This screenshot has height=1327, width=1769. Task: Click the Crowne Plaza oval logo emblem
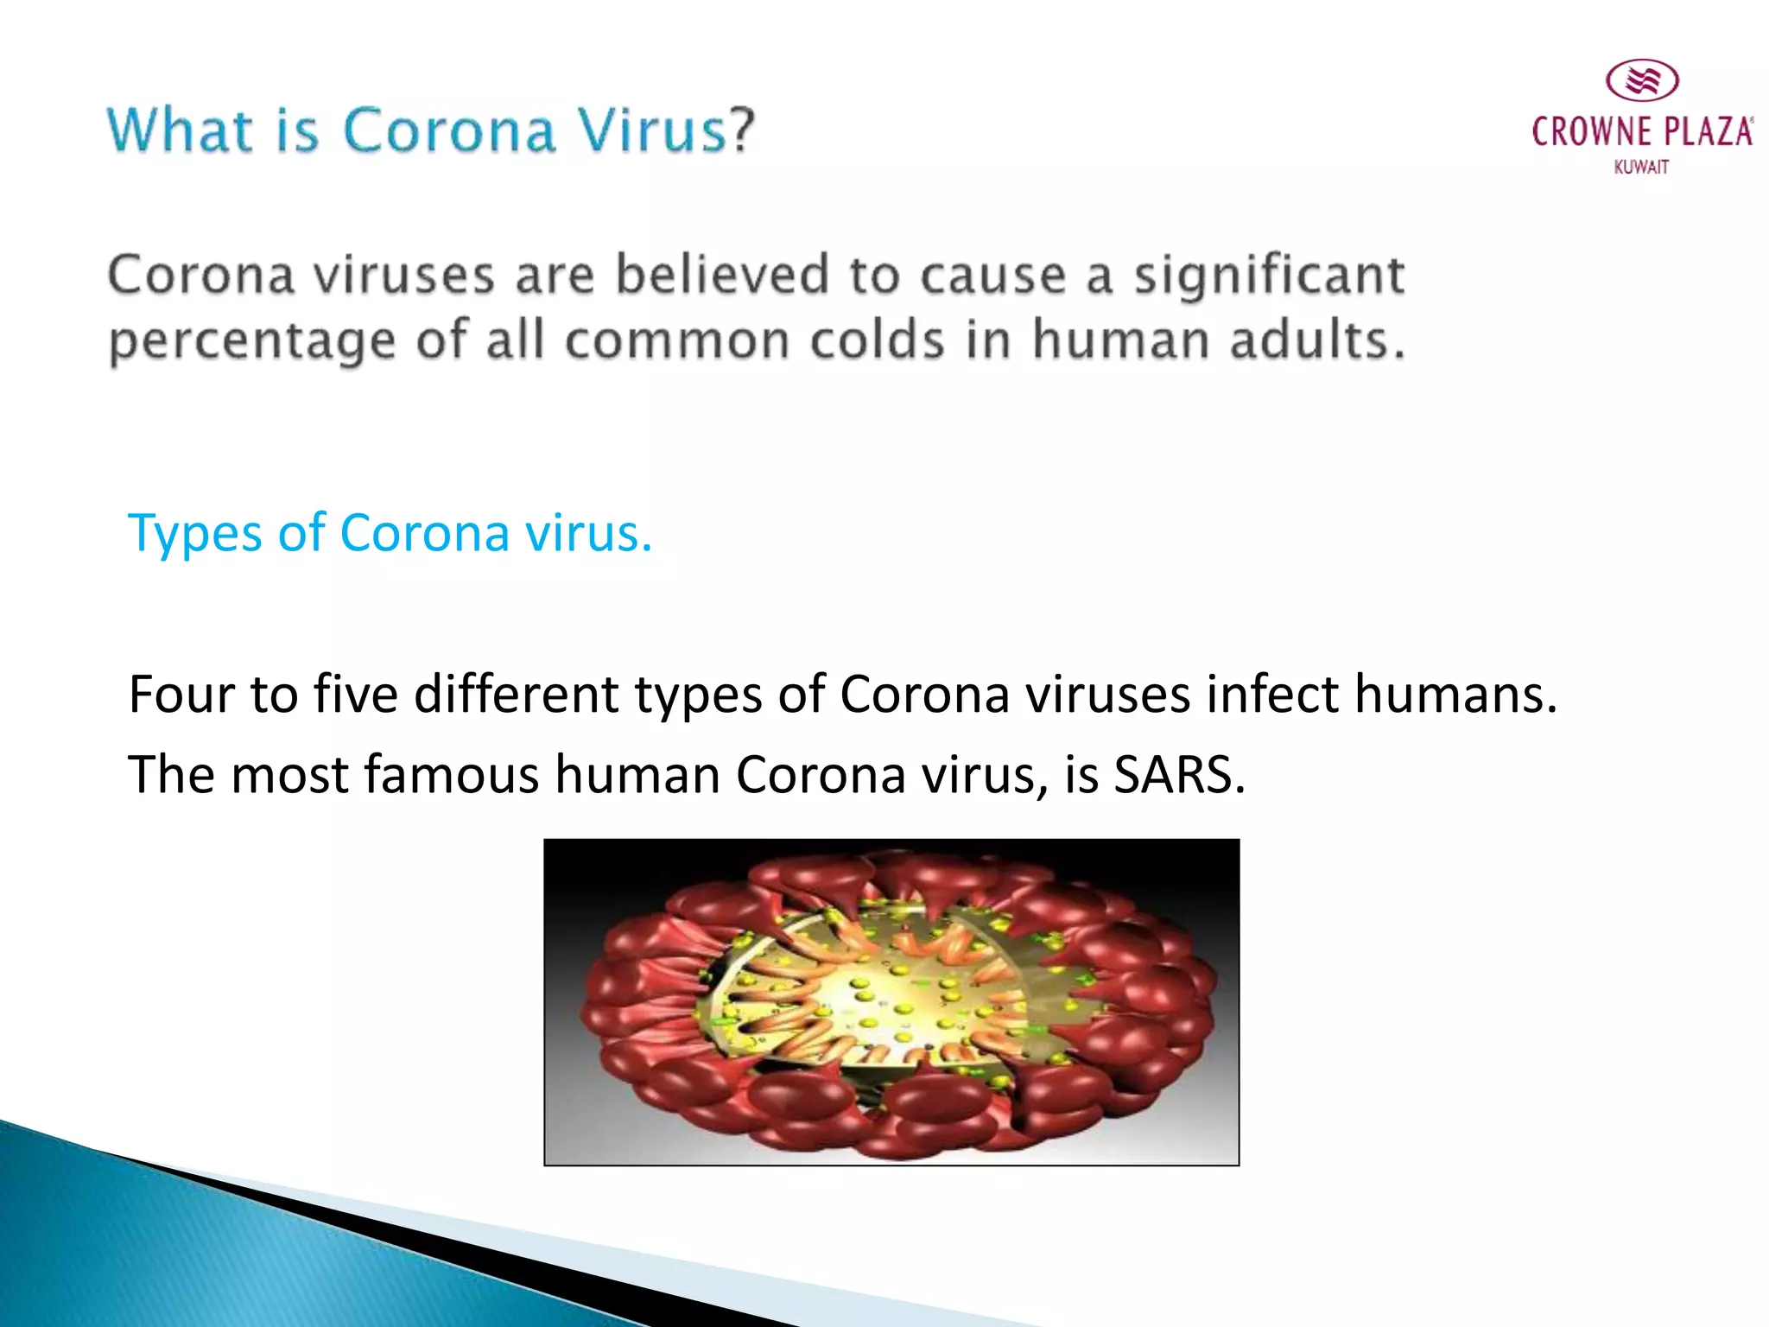(1642, 81)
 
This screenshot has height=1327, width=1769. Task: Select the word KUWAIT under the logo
(1641, 167)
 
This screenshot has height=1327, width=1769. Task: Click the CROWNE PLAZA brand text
(1642, 132)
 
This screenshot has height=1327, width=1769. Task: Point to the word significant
(1269, 276)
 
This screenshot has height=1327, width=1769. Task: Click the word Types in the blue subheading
(195, 533)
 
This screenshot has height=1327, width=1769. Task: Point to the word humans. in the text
(1455, 694)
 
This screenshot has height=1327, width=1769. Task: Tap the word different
(516, 694)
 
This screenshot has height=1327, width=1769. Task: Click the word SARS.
(1179, 774)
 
